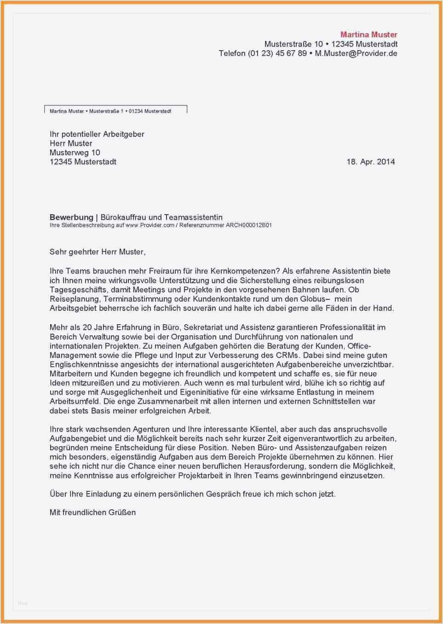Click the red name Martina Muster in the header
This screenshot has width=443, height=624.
tap(368, 35)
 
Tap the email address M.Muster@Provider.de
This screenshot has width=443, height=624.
tap(356, 53)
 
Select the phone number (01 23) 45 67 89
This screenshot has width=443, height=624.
tap(277, 53)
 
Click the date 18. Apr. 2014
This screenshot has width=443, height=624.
tap(370, 162)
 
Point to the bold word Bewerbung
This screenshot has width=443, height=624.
tap(71, 217)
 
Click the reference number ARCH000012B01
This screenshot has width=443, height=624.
tap(248, 225)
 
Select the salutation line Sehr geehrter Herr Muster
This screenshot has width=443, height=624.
tap(97, 251)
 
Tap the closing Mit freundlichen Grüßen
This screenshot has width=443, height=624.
tap(92, 512)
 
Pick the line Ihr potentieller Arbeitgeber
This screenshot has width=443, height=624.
tap(97, 134)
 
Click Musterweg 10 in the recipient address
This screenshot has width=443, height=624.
tap(75, 152)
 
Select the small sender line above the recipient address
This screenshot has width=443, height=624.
tap(110, 111)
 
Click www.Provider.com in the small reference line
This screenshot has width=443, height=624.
tap(150, 225)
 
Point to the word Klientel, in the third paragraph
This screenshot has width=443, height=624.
tap(263, 429)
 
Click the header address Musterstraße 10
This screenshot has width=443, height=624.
tap(293, 44)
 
